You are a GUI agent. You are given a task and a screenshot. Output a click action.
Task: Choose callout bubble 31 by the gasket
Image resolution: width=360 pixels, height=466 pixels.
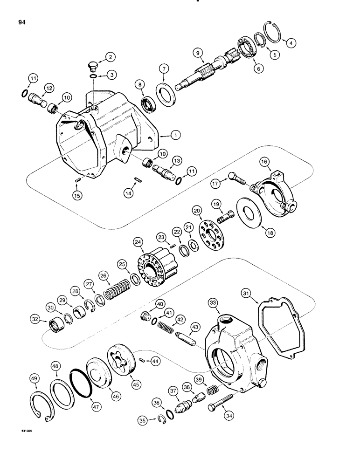point(247,293)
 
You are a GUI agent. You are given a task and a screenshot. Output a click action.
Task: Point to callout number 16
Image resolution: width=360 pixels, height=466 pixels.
point(264,162)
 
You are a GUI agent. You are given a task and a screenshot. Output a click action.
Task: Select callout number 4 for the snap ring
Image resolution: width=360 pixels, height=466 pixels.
point(291,44)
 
